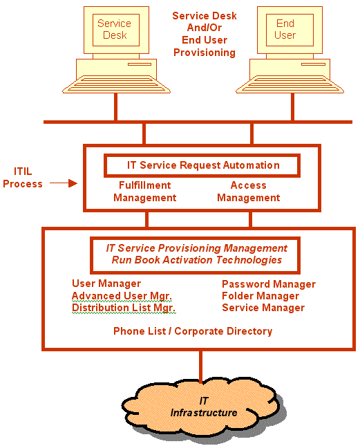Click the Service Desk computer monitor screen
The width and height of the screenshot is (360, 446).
[x=116, y=30]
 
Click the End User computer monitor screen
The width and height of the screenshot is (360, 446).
[x=290, y=30]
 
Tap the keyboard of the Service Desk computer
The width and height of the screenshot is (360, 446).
[x=116, y=84]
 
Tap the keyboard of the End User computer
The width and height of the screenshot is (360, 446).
[x=290, y=84]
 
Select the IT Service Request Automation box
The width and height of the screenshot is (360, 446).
[x=202, y=165]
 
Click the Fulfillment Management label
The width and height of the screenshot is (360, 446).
[x=145, y=192]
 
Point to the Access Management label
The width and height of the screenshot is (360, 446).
[x=249, y=192]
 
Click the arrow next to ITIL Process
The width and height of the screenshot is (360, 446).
[x=64, y=183]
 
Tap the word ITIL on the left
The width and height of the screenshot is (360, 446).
[x=23, y=171]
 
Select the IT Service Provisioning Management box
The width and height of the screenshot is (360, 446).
[x=195, y=255]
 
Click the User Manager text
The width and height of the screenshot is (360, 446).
[x=106, y=284]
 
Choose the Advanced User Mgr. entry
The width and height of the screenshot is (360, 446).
[x=122, y=296]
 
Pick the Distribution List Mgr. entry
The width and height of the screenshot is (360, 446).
[x=124, y=308]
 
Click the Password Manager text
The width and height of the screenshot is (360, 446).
[x=269, y=284]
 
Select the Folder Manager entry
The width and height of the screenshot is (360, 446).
[x=260, y=296]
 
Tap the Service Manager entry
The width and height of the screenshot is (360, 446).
[x=263, y=308]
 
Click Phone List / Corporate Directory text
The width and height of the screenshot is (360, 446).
[x=193, y=331]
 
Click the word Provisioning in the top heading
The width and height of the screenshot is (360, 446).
[x=205, y=53]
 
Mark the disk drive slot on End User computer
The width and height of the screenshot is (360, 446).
[x=313, y=64]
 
